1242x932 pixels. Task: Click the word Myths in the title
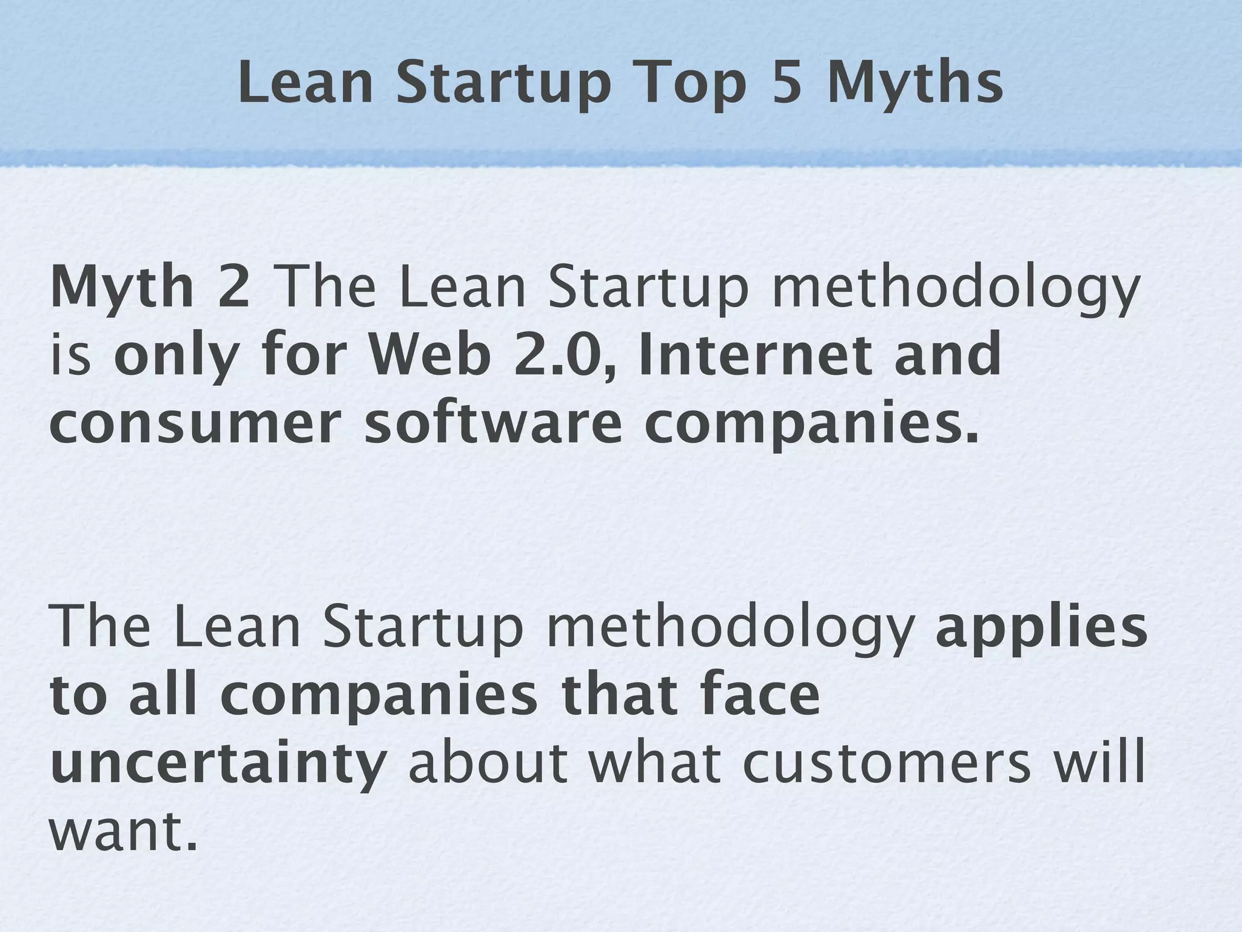click(915, 85)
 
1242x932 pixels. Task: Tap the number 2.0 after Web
click(561, 356)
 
